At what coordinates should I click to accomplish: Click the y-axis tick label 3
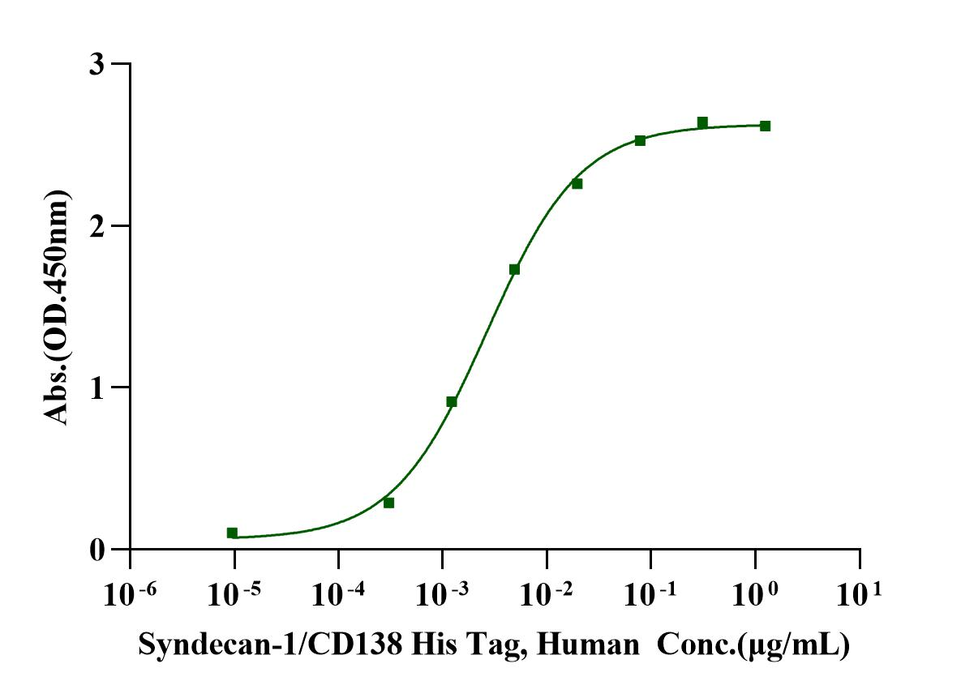pos(99,64)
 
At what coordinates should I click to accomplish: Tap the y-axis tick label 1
pos(99,388)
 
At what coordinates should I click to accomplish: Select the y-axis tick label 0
pos(99,550)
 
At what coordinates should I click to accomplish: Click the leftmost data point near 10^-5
pos(232,533)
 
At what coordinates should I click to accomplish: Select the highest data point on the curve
pos(702,122)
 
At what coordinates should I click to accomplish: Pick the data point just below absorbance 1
pos(452,401)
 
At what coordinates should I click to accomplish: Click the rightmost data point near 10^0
pos(765,126)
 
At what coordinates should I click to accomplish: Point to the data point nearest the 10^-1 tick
pos(640,140)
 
